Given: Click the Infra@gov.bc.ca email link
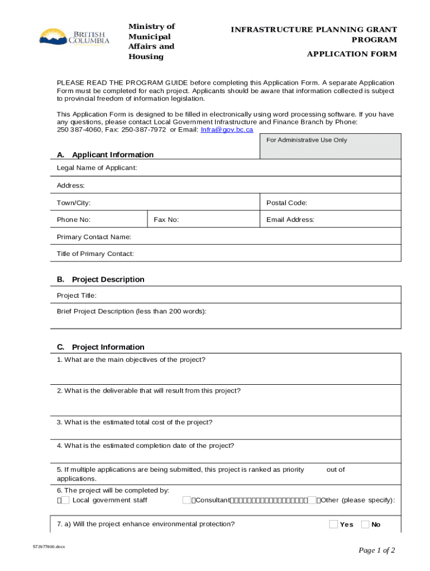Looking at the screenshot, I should click(x=227, y=129).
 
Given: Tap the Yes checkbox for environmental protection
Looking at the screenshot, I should click(x=334, y=524).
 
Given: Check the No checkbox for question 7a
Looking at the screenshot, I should click(x=365, y=524).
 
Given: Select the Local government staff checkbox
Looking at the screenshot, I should click(x=65, y=500).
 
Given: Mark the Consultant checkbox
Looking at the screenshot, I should click(x=187, y=500).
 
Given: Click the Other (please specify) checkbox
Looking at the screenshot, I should click(x=312, y=500).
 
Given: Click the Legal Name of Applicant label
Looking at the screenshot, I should click(x=97, y=168).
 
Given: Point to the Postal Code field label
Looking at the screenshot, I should click(x=286, y=203).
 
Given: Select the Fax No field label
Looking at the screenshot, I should click(x=166, y=220).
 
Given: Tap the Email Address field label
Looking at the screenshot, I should click(x=290, y=220).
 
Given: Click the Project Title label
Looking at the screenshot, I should click(x=77, y=296).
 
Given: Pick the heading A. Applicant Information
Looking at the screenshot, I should click(x=105, y=154).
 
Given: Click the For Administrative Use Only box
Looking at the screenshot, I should click(x=331, y=146).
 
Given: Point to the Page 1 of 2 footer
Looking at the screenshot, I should click(x=376, y=550).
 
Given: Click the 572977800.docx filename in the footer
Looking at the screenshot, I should click(x=49, y=546).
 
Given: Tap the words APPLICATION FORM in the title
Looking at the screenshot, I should click(x=352, y=54).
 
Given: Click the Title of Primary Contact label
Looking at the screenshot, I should click(x=95, y=254).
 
